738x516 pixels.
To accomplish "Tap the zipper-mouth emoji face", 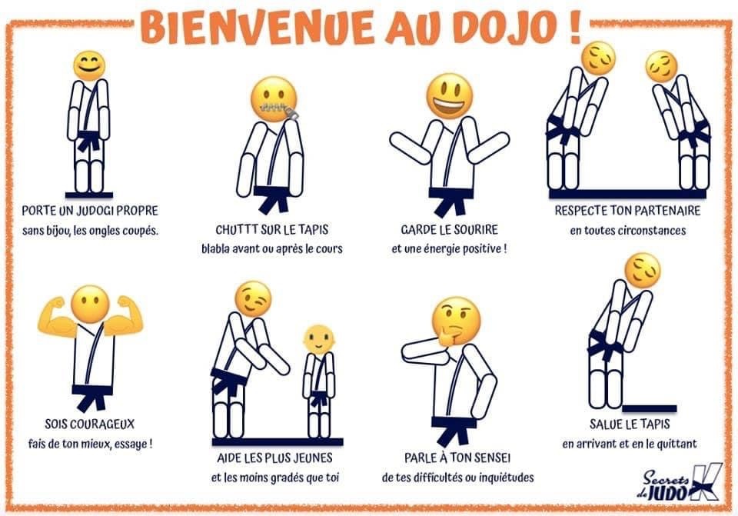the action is [274, 99].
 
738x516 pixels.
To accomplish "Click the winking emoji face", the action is [253, 298].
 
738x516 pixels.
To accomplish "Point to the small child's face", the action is [318, 338].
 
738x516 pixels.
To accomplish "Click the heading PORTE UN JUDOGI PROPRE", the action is [90, 211].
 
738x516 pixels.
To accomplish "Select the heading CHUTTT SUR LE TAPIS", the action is [271, 230].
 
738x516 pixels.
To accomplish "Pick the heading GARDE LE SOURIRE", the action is [449, 230].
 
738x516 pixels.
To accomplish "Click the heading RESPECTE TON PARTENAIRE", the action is [627, 211].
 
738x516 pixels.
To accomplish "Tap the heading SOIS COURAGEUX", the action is [89, 424].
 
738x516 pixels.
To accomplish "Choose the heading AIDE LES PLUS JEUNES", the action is [274, 458].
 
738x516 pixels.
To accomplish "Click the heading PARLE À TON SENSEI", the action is [457, 458].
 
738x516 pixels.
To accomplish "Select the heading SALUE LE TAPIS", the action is [630, 424].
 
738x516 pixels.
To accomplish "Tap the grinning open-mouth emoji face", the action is [450, 96].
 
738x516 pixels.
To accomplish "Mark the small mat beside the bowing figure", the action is [649, 408].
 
